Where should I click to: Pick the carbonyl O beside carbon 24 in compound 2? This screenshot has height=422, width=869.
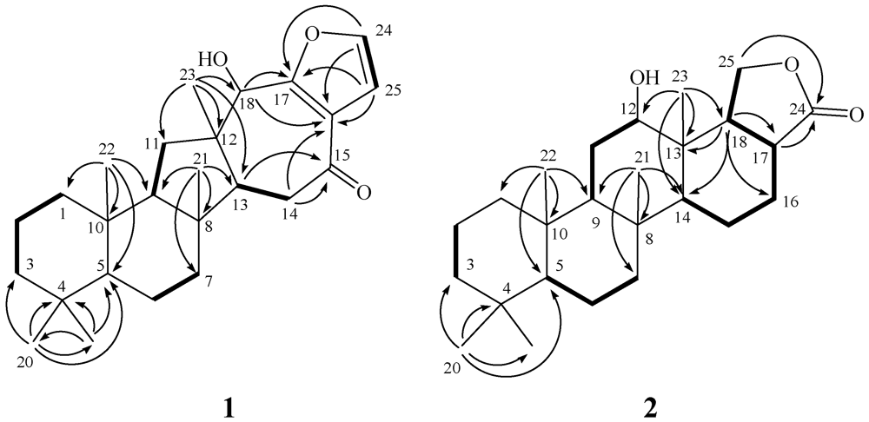857,113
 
